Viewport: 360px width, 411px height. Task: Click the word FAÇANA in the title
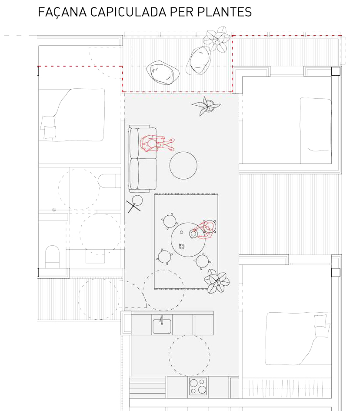pyautogui.click(x=62, y=12)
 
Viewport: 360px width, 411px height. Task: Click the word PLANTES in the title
pyautogui.click(x=224, y=12)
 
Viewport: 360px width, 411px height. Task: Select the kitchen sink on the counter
pyautogui.click(x=162, y=325)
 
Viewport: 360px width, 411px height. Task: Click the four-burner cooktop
pyautogui.click(x=198, y=386)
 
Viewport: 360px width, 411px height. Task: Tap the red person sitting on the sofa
pyautogui.click(x=157, y=143)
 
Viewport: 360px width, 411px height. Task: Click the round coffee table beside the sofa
pyautogui.click(x=183, y=165)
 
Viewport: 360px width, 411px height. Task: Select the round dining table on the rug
pyautogui.click(x=188, y=240)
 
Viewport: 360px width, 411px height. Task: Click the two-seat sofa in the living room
pyautogui.click(x=142, y=158)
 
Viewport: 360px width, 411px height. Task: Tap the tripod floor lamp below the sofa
pyautogui.click(x=135, y=204)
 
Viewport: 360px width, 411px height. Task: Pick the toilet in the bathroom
pyautogui.click(x=53, y=257)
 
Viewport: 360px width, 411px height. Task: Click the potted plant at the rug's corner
pyautogui.click(x=217, y=281)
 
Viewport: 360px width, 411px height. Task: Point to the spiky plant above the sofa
pyautogui.click(x=206, y=106)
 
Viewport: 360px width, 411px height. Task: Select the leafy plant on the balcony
pyautogui.click(x=217, y=39)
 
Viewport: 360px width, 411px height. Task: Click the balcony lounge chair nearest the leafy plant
pyautogui.click(x=199, y=61)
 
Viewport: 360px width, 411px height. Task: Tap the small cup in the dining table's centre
pyautogui.click(x=181, y=246)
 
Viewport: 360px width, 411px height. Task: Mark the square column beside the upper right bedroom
pyautogui.click(x=336, y=71)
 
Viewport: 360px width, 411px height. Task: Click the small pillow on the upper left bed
pyautogui.click(x=50, y=132)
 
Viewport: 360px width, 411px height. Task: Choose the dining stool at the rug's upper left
pyautogui.click(x=170, y=221)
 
